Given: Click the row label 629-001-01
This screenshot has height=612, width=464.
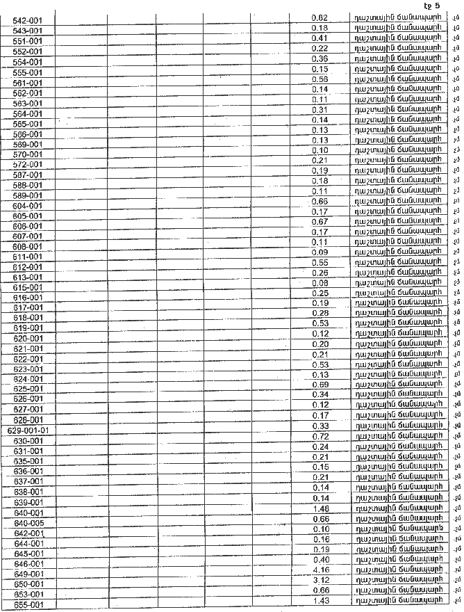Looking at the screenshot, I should pos(28,430).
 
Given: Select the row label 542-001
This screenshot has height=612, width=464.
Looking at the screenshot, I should pos(28,21).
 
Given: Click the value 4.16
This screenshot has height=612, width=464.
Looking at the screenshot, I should pos(320,570).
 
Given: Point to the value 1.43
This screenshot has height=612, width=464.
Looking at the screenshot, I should pos(320,600).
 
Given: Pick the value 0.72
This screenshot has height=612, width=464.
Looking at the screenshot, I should pos(320,436).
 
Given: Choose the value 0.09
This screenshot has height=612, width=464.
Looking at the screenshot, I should pos(320,252).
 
